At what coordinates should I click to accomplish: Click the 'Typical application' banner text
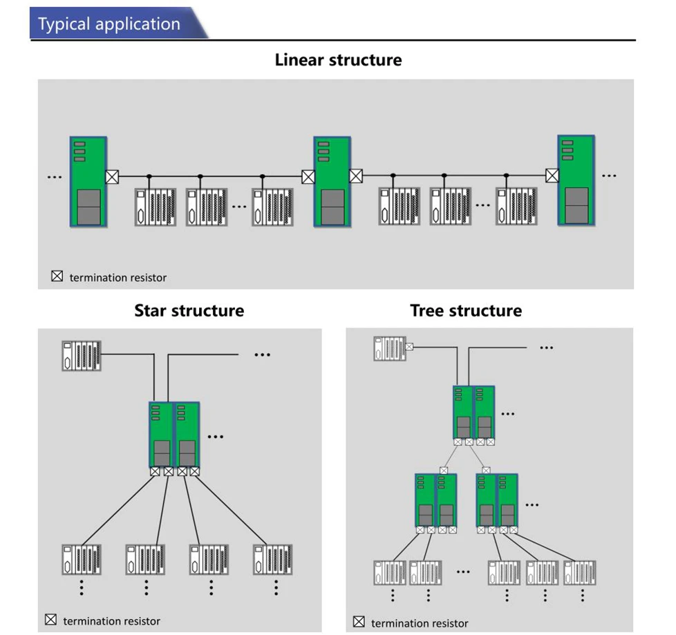[x=109, y=24]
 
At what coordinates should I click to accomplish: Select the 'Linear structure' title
[x=339, y=60]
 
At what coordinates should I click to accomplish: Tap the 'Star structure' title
[x=189, y=310]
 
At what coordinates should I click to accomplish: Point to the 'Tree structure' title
[x=466, y=310]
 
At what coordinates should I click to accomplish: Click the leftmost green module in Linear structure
[x=88, y=182]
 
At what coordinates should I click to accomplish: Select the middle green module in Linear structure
[x=332, y=182]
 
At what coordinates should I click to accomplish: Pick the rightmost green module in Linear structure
[x=576, y=180]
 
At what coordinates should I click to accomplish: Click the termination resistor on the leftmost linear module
[x=112, y=177]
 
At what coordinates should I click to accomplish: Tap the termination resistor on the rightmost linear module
[x=552, y=176]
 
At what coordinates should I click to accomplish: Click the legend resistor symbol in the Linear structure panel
[x=57, y=276]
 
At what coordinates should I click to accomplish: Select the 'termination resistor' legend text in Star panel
[x=112, y=621]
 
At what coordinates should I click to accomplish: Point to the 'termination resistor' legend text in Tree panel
[x=420, y=623]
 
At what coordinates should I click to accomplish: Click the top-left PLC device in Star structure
[x=82, y=356]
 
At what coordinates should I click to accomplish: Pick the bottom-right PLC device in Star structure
[x=273, y=560]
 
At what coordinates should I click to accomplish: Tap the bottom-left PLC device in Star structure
[x=82, y=560]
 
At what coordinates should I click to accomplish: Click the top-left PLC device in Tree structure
[x=390, y=348]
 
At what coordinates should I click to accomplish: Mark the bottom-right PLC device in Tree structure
[x=580, y=573]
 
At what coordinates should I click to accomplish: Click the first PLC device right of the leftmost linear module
[x=156, y=207]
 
